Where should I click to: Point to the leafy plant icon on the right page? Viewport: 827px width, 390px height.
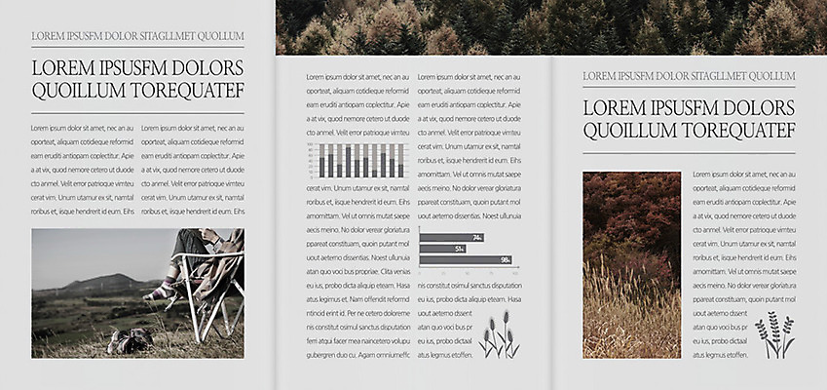[774, 334]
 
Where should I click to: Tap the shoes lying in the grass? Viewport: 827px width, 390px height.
[130, 339]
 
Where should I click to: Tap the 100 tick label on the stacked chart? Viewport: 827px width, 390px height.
[311, 144]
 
